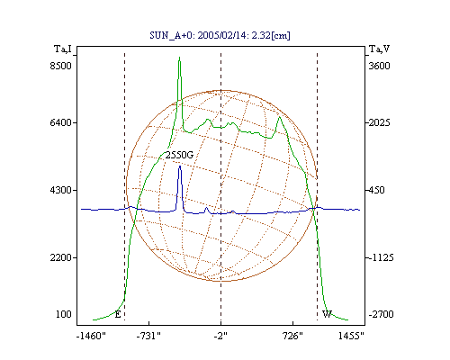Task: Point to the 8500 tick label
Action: pyautogui.click(x=61, y=66)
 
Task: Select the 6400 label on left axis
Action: pyautogui.click(x=61, y=122)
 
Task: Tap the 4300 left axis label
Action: pyautogui.click(x=61, y=190)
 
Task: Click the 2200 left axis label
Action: pyautogui.click(x=61, y=257)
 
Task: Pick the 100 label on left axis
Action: pyautogui.click(x=64, y=314)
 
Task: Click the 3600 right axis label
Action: pyautogui.click(x=379, y=66)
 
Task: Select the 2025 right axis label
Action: pyautogui.click(x=379, y=122)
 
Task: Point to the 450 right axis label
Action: pyautogui.click(x=376, y=190)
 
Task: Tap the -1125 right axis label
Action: pyautogui.click(x=381, y=257)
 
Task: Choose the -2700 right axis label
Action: pyautogui.click(x=381, y=314)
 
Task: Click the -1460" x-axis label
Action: pyautogui.click(x=91, y=336)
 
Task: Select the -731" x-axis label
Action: pyautogui.click(x=148, y=336)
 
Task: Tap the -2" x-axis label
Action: pyautogui.click(x=220, y=336)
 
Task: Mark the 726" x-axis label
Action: pyautogui.click(x=293, y=336)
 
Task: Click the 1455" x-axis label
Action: pyautogui.click(x=351, y=336)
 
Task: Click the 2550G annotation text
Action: pyautogui.click(x=179, y=155)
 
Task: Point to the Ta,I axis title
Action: pyautogui.click(x=63, y=49)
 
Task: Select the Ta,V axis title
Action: pyautogui.click(x=379, y=49)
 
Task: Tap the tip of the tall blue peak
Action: pyautogui.click(x=180, y=166)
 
